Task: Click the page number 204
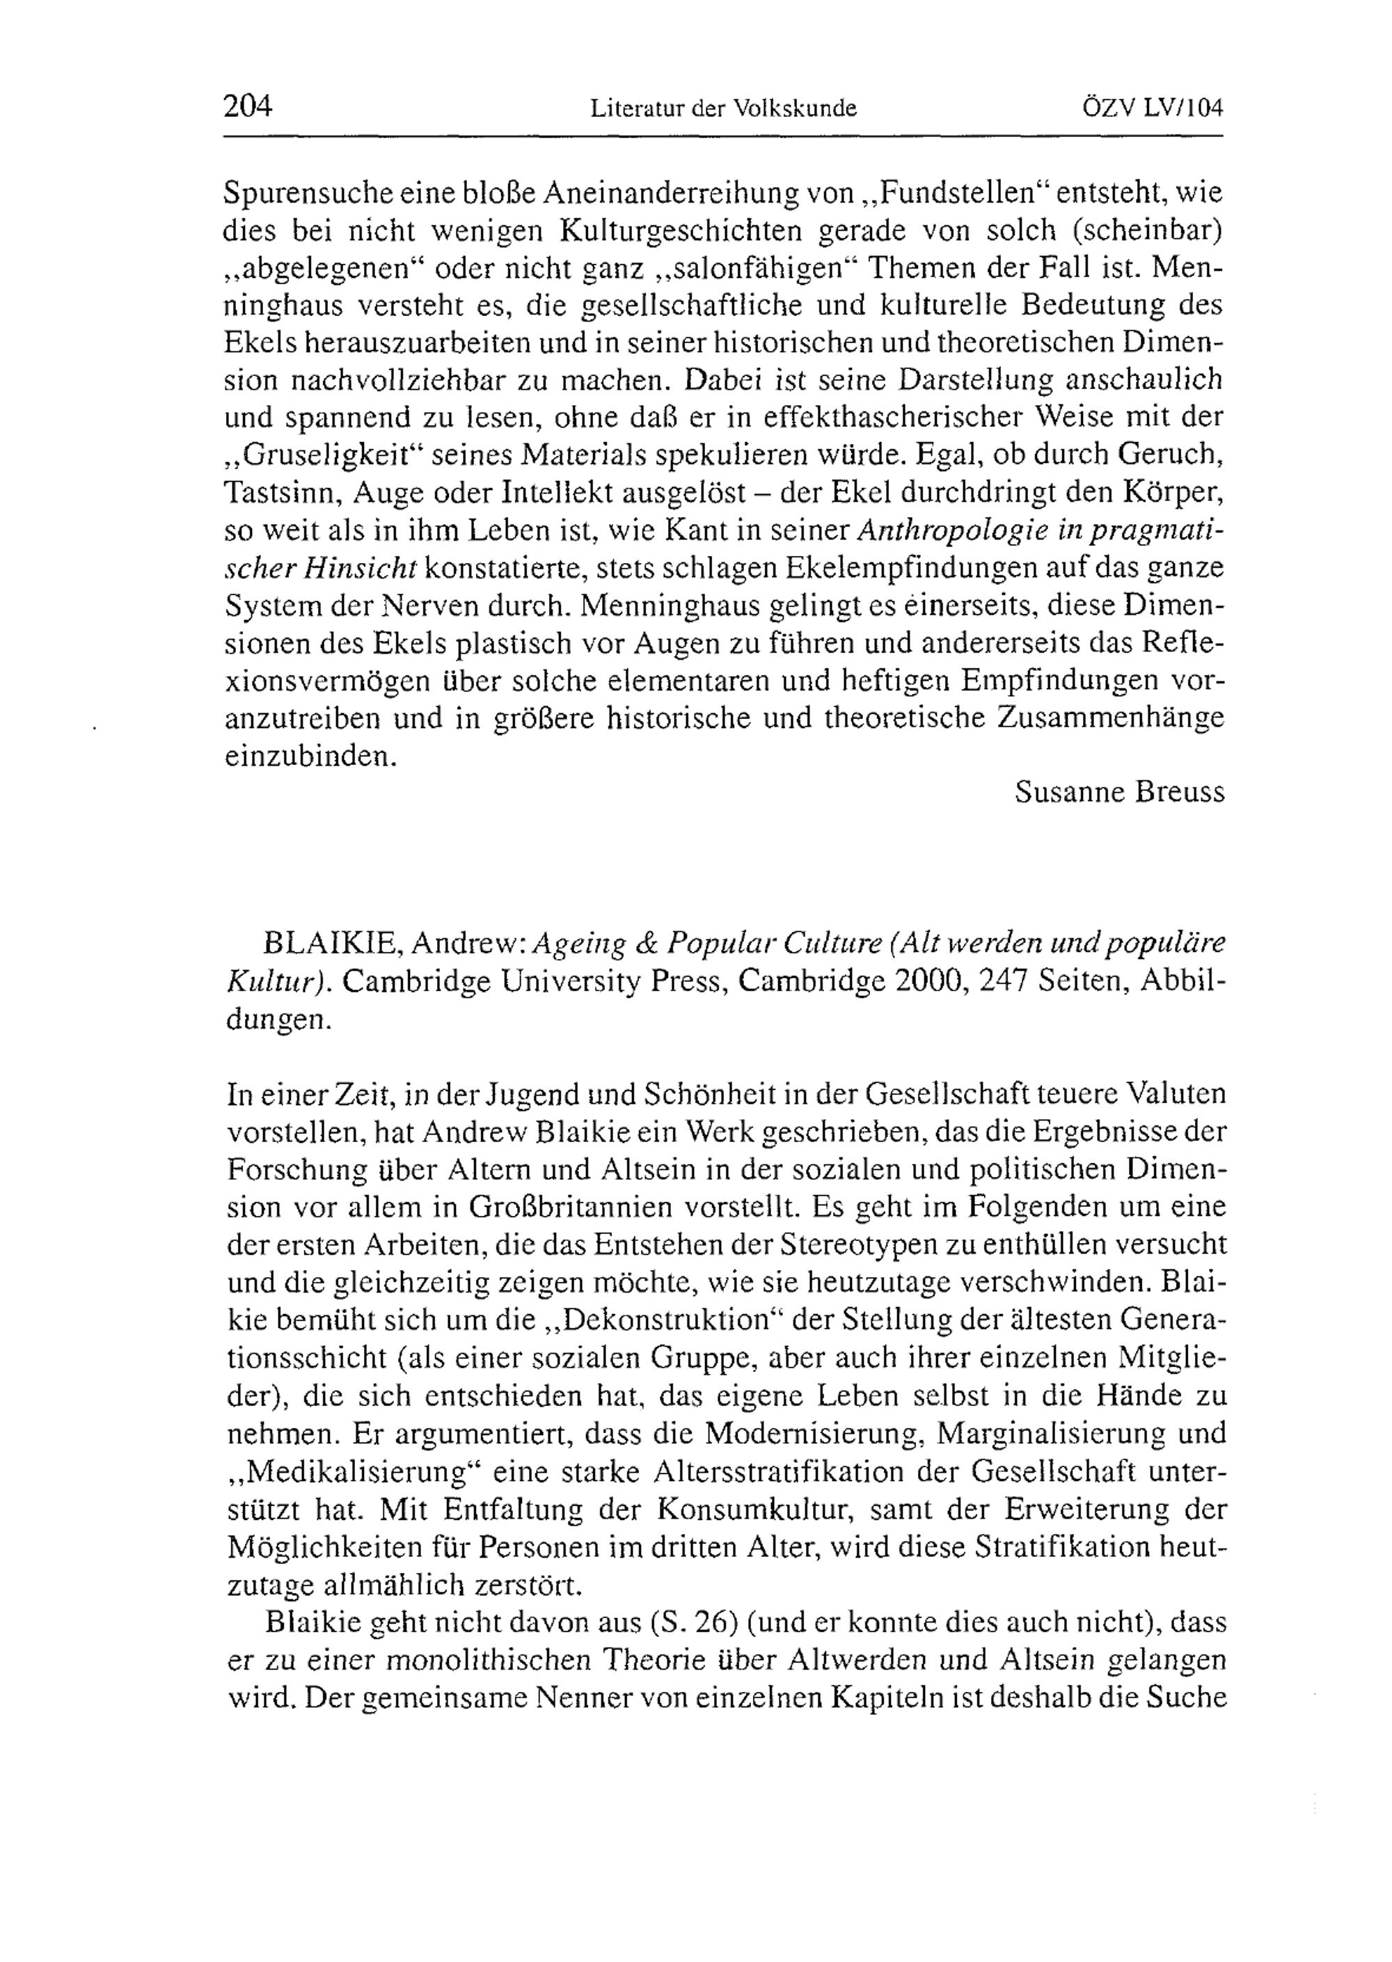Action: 247,107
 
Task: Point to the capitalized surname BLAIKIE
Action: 329,944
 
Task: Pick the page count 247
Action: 1004,982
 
